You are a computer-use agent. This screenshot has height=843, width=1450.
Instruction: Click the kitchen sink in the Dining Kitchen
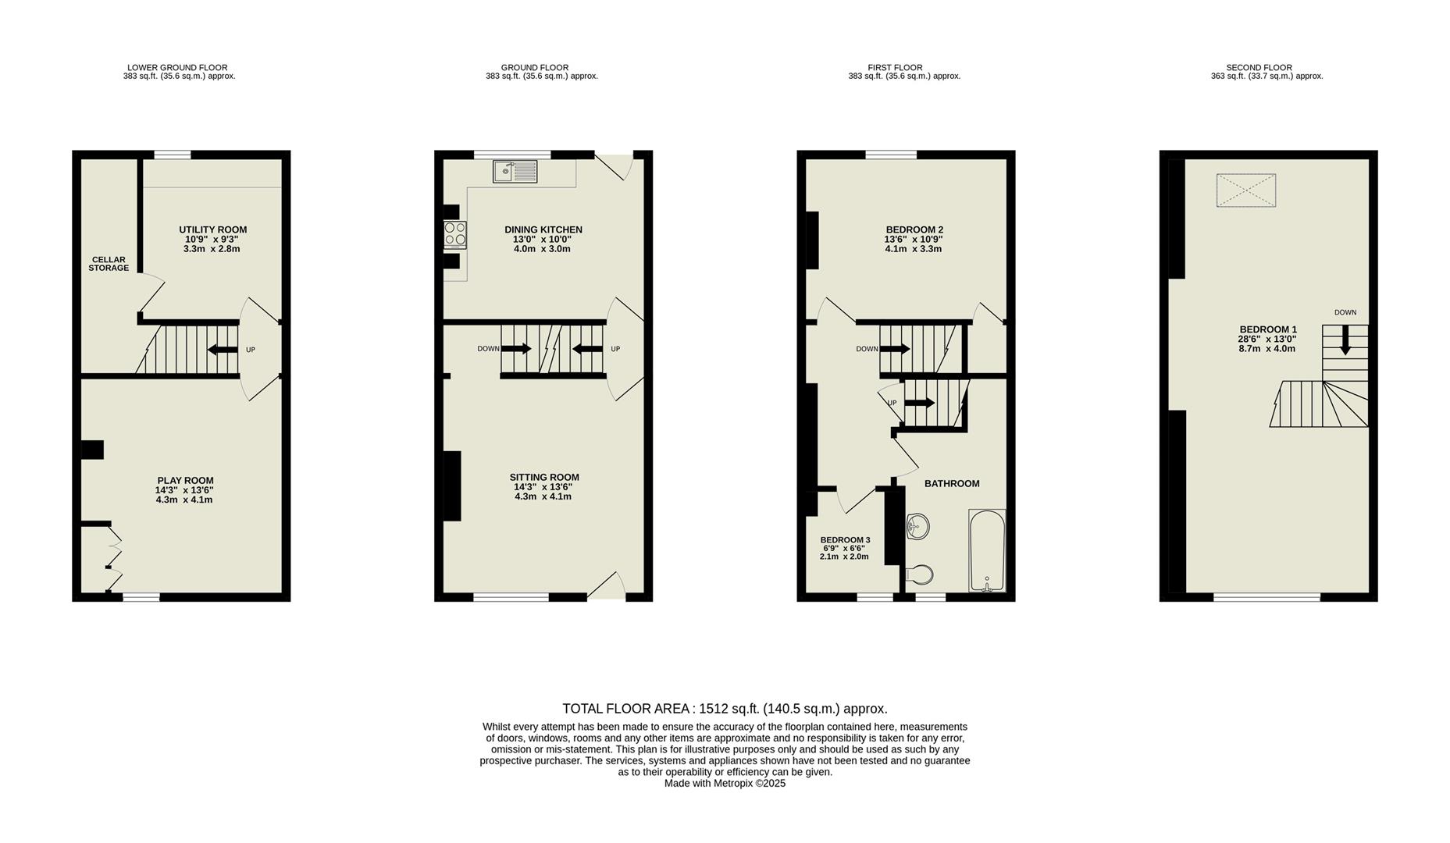click(515, 171)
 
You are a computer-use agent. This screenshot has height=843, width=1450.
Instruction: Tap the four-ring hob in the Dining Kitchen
click(455, 234)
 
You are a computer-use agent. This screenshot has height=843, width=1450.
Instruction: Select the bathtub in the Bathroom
click(987, 551)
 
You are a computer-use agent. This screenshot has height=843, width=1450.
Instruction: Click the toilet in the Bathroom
click(919, 575)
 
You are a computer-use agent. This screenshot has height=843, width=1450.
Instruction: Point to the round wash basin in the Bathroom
click(917, 526)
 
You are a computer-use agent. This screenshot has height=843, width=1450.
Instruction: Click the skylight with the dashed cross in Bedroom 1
click(1245, 190)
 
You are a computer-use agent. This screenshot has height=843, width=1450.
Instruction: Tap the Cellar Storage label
click(109, 264)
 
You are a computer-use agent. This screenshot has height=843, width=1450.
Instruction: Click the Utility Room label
click(212, 229)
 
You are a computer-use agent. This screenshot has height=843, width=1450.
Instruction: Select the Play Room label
click(185, 481)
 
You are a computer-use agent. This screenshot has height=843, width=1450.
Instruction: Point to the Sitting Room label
click(544, 478)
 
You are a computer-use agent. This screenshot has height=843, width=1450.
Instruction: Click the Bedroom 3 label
click(845, 540)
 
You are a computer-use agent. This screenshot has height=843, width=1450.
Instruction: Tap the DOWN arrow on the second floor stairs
click(1345, 341)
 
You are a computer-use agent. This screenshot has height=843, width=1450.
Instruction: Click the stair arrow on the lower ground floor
click(223, 349)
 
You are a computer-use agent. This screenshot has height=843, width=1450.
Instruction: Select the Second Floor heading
click(1259, 68)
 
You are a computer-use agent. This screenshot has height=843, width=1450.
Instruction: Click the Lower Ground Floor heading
click(177, 68)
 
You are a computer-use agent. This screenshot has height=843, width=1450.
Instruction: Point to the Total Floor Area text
click(725, 709)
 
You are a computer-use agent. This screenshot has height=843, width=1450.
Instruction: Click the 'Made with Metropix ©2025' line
click(725, 783)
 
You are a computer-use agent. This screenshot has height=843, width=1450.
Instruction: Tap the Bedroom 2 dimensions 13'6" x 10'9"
click(914, 240)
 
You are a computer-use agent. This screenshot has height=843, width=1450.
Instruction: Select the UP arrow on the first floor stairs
click(919, 403)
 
